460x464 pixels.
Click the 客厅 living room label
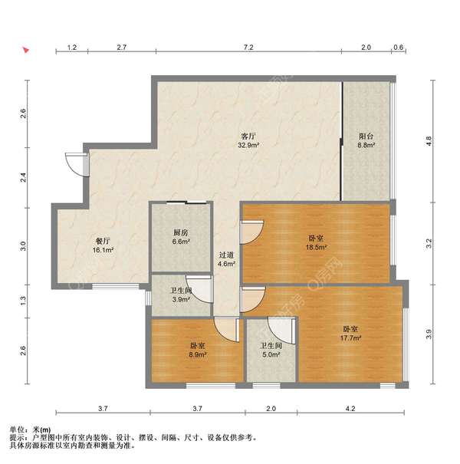[248, 137]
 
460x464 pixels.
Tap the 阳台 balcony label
[366, 137]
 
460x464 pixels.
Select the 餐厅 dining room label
[103, 241]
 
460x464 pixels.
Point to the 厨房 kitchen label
[181, 233]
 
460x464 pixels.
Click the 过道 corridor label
[226, 255]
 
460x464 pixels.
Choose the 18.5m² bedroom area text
[316, 247]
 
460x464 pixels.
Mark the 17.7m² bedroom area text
[350, 338]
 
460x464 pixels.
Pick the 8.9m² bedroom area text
[198, 354]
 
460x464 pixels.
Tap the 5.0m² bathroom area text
[271, 354]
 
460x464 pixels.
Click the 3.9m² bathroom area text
[181, 299]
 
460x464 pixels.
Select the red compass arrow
[26, 50]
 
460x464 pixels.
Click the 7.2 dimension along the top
[248, 48]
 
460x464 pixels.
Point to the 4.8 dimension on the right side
[429, 141]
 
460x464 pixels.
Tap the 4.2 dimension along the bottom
[350, 409]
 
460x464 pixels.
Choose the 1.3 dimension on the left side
[23, 301]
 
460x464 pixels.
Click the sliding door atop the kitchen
[186, 202]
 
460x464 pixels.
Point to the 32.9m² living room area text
[248, 145]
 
